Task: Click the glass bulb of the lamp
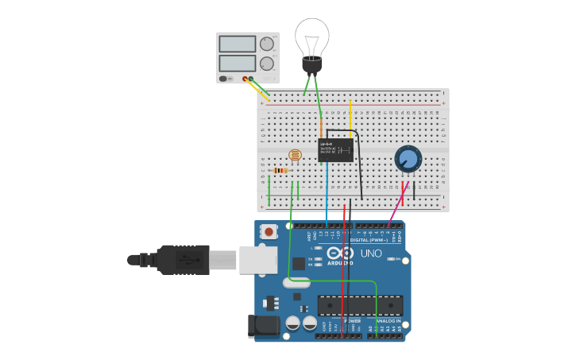tap(311, 36)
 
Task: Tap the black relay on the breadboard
tap(335, 150)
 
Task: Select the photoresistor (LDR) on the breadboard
tap(295, 156)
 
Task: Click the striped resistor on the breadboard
tap(280, 170)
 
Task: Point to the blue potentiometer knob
tap(408, 158)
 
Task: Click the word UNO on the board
tap(371, 254)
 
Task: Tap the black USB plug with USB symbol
tap(183, 259)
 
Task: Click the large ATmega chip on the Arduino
tap(359, 305)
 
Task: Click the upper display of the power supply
tap(237, 44)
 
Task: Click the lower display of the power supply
tap(237, 63)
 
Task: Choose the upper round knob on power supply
tap(267, 44)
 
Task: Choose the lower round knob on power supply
tap(267, 64)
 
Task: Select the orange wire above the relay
tap(322, 129)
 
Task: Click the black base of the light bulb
tap(311, 65)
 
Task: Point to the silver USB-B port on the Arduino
tap(258, 260)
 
